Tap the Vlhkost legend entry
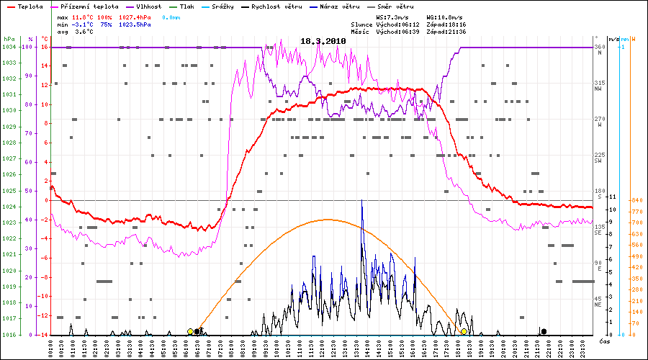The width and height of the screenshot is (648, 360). click(x=148, y=6)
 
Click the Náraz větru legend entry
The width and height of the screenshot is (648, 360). click(x=341, y=6)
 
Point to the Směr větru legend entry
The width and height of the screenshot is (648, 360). click(x=398, y=6)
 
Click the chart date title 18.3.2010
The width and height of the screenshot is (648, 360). click(x=323, y=41)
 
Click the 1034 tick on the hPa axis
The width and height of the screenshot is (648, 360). click(x=9, y=47)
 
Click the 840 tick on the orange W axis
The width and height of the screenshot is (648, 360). click(x=636, y=200)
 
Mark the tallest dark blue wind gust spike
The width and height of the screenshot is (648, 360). click(x=361, y=200)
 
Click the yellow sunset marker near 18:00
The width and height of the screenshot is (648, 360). click(x=464, y=331)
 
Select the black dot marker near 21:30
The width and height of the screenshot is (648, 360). click(x=544, y=331)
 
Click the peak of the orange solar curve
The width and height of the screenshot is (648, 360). click(x=328, y=219)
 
